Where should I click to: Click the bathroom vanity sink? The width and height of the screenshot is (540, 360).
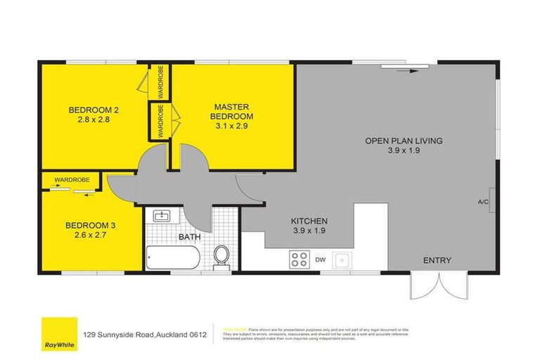162,215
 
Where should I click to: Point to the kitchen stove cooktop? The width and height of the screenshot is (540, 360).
299,259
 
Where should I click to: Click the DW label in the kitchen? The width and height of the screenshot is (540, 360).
321,260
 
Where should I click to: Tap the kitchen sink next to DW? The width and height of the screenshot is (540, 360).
342,260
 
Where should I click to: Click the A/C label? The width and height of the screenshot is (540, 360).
483,202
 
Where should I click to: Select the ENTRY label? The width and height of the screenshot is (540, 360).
437,261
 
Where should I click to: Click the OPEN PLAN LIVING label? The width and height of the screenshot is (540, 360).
404,141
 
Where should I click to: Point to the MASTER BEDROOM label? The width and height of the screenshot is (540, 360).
233,111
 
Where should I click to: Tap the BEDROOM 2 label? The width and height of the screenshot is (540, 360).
89,110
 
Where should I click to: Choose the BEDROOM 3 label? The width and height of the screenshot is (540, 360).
86,226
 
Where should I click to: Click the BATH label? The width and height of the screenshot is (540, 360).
189,237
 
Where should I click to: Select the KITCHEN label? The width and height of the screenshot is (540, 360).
310,221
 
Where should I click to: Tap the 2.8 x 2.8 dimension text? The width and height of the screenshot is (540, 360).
89,120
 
